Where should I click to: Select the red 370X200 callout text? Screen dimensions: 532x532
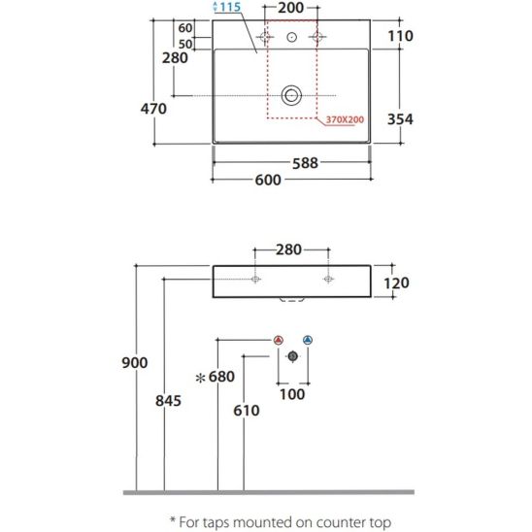pos(345,119)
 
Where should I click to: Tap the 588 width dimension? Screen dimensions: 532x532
pos(306,163)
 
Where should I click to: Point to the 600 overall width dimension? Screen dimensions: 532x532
pos(268,180)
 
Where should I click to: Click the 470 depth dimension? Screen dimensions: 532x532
pos(153,109)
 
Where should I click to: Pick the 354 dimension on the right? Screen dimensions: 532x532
pos(400,119)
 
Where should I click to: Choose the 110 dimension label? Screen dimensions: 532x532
pos(400,36)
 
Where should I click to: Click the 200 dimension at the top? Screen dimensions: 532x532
pos(291,8)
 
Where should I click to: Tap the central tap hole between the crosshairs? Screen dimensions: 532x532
pos(292,37)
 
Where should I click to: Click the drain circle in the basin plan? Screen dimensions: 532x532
pos(291,95)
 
